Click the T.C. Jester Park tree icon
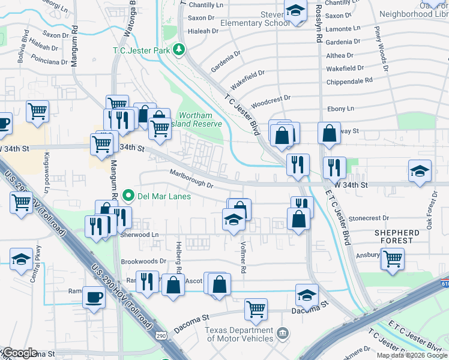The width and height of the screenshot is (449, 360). [x=178, y=50]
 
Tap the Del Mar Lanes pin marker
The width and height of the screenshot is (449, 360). [x=127, y=196]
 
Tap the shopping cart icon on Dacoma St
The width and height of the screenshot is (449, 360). [x=256, y=310]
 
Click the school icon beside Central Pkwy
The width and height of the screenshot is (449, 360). [x=22, y=259]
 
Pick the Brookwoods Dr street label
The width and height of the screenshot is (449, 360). [x=143, y=262]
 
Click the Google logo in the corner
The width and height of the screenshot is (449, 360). [x=19, y=353]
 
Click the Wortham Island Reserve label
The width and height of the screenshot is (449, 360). [x=201, y=119]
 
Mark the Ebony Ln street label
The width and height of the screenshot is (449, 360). [x=340, y=109]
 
